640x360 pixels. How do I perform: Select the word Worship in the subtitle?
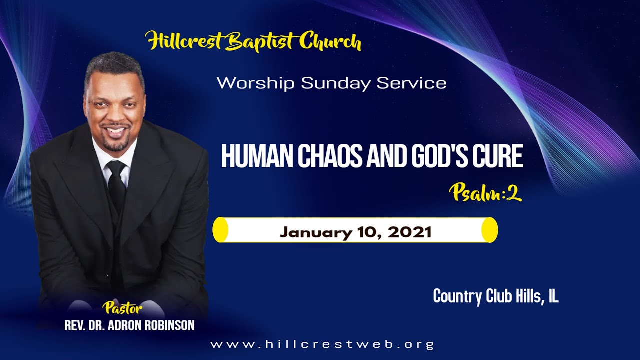click(255, 83)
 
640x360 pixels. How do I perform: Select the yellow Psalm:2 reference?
click(485, 192)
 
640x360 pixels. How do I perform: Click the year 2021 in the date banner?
click(410, 232)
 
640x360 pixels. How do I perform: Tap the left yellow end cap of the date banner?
click(220, 230)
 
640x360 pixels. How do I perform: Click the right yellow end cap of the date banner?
click(490, 230)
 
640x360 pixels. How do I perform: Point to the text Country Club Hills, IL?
click(495, 296)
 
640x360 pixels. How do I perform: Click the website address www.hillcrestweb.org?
click(322, 344)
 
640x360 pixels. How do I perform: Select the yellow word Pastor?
click(122, 306)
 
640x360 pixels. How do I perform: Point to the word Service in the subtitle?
click(411, 83)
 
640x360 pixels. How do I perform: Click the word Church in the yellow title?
click(330, 42)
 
